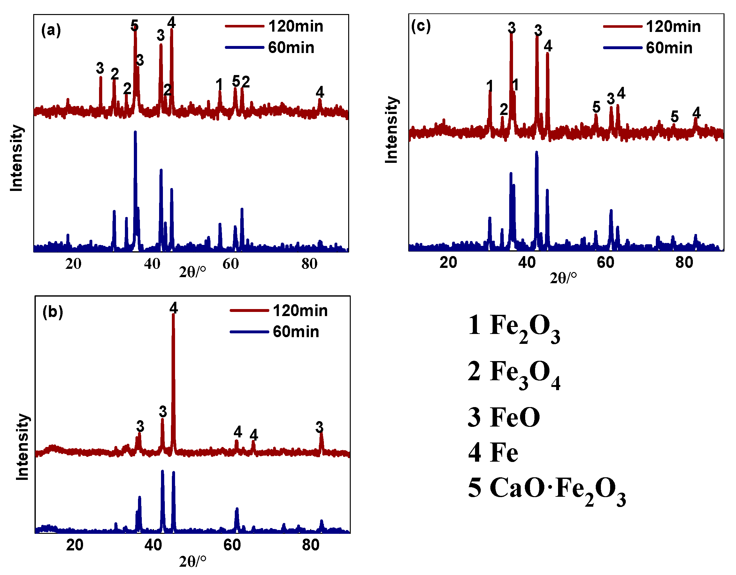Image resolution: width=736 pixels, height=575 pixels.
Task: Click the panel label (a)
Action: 51,30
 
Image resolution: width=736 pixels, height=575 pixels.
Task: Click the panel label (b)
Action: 53,312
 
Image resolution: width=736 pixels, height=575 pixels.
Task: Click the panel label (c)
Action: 421,26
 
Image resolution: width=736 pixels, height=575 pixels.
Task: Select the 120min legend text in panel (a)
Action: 295,26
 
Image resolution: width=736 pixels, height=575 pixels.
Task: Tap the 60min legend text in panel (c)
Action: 669,48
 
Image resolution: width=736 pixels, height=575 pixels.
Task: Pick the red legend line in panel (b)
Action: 249,311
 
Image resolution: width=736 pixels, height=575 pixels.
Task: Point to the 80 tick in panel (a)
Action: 309,264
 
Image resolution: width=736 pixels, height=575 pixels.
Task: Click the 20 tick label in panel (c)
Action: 448,262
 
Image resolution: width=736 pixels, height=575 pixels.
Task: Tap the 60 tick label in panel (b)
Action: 232,545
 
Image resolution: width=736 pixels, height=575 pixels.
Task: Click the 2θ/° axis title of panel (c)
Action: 563,278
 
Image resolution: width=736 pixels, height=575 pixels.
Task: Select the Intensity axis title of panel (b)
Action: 23,447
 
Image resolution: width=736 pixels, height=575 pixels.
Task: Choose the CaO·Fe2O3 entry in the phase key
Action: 547,489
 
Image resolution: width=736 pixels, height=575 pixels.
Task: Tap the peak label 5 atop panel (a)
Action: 134,25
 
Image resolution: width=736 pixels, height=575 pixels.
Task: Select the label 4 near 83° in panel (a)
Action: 319,92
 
